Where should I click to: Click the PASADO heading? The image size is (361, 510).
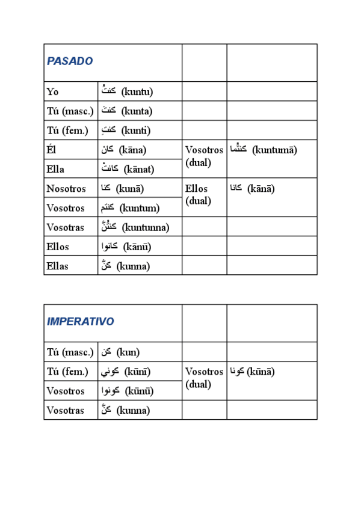[70, 61]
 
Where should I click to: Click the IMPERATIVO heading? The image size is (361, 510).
[81, 322]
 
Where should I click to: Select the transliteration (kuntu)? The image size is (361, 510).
[137, 92]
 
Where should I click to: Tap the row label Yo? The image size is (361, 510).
[53, 92]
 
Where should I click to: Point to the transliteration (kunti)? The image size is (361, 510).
[136, 131]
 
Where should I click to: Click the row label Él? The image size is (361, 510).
[52, 150]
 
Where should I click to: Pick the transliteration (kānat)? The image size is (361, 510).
[138, 169]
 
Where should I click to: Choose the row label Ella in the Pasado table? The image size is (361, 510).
[55, 169]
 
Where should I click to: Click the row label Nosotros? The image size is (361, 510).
[66, 188]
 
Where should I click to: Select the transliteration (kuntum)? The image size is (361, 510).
[140, 208]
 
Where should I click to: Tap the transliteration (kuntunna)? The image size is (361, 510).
[146, 227]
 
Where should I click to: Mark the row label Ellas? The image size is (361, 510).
[58, 266]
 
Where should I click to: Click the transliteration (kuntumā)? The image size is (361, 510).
[275, 150]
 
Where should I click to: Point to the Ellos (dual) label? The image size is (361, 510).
[197, 194]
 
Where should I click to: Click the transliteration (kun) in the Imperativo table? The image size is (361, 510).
[128, 352]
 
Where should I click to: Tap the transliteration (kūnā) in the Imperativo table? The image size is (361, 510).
[261, 371]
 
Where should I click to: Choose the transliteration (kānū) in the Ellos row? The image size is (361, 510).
[137, 247]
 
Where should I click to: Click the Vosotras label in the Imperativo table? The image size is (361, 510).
[66, 410]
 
